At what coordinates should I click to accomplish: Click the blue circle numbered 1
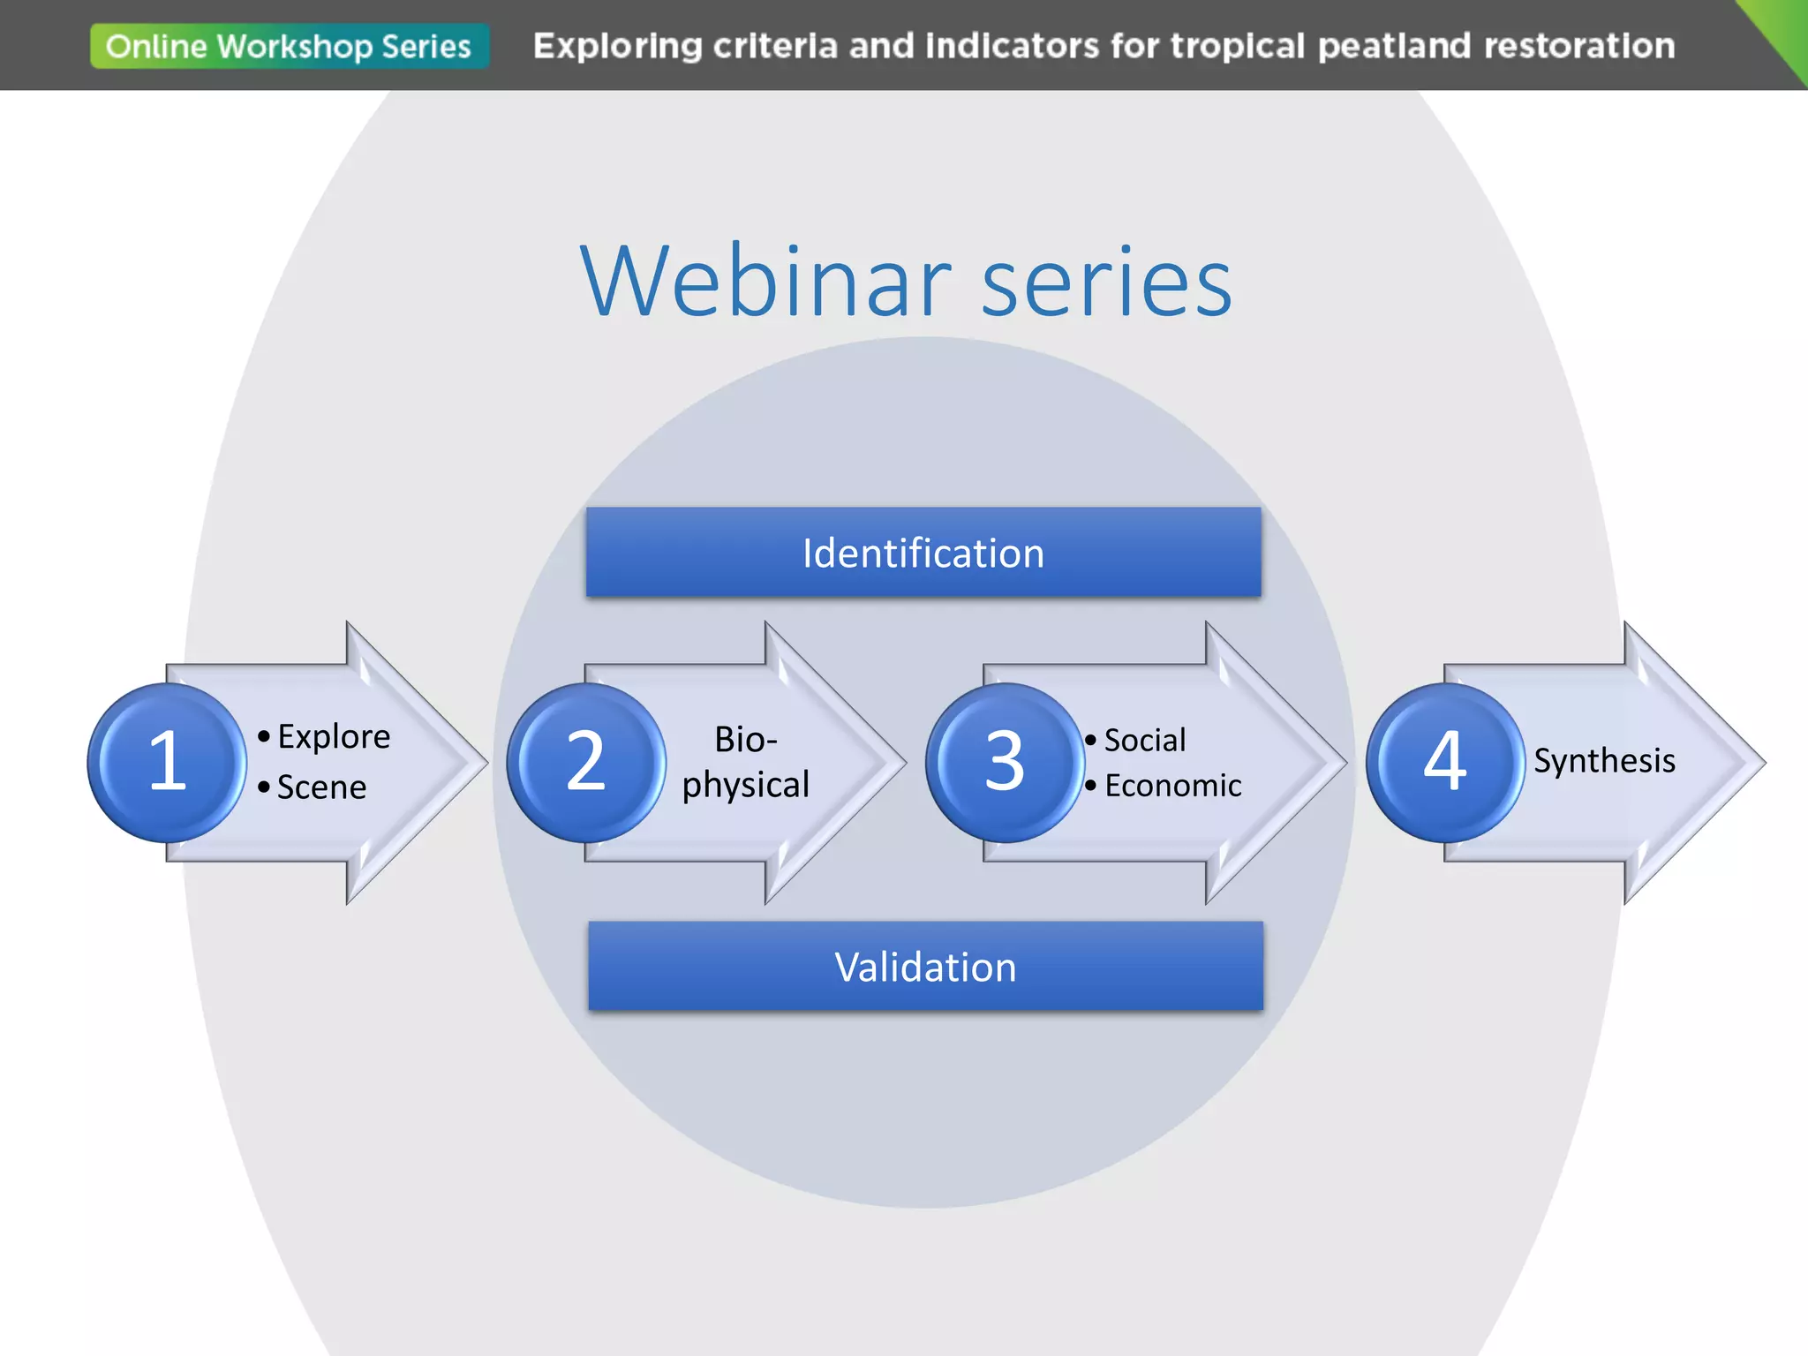tap(167, 762)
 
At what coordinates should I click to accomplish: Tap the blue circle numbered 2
tap(585, 762)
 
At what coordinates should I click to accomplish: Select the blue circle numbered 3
tap(1005, 762)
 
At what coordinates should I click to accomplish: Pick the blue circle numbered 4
tap(1445, 762)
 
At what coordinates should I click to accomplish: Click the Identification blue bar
tap(923, 553)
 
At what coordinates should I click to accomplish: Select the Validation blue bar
tap(925, 967)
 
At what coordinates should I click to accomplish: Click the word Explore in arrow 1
tap(334, 736)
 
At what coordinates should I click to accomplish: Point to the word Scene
tap(321, 787)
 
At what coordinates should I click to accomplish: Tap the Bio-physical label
tap(746, 762)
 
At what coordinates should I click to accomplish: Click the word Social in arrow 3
tap(1145, 740)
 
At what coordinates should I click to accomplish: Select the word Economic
tap(1172, 785)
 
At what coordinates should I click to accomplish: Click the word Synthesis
tap(1604, 760)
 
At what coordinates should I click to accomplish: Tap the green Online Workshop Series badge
tap(289, 46)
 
